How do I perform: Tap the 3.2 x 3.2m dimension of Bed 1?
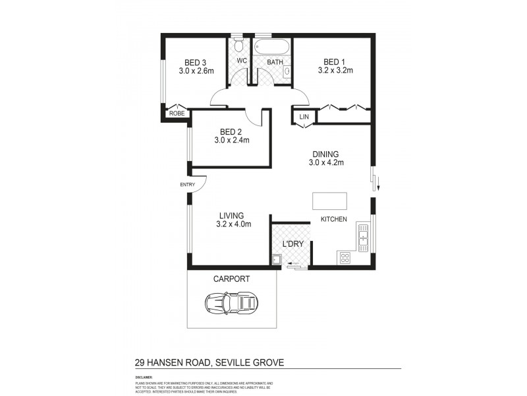click(335, 70)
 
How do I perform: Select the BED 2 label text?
click(231, 131)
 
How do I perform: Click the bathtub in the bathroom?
click(270, 48)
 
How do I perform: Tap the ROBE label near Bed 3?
click(177, 114)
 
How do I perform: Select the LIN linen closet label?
click(304, 117)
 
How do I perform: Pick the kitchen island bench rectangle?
click(329, 200)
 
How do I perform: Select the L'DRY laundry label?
click(292, 244)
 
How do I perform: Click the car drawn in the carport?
click(231, 304)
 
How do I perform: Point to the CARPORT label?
click(231, 279)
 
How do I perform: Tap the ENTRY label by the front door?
click(187, 185)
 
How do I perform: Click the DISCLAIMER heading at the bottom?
click(143, 378)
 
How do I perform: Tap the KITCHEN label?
click(333, 220)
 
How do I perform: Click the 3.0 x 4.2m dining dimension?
click(327, 162)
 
